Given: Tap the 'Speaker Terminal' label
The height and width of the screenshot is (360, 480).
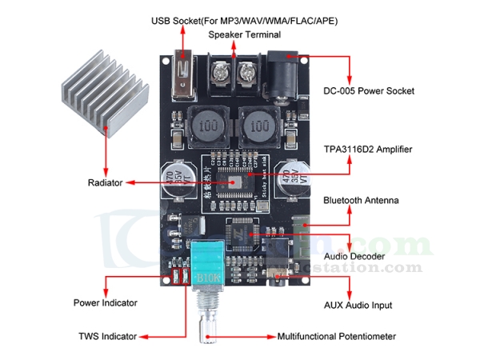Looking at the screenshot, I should pyautogui.click(x=245, y=35).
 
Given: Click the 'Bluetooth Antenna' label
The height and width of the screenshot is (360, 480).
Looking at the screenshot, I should pyautogui.click(x=360, y=200).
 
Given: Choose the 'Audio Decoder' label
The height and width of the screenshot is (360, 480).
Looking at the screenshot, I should pyautogui.click(x=353, y=256).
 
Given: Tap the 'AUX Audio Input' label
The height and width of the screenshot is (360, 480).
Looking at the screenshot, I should pyautogui.click(x=355, y=306).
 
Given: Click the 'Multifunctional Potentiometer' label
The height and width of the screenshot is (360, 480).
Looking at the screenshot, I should pyautogui.click(x=336, y=337).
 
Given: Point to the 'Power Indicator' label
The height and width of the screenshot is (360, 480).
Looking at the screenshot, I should pyautogui.click(x=105, y=303).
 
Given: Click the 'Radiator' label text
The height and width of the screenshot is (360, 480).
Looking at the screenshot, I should pyautogui.click(x=105, y=183).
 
